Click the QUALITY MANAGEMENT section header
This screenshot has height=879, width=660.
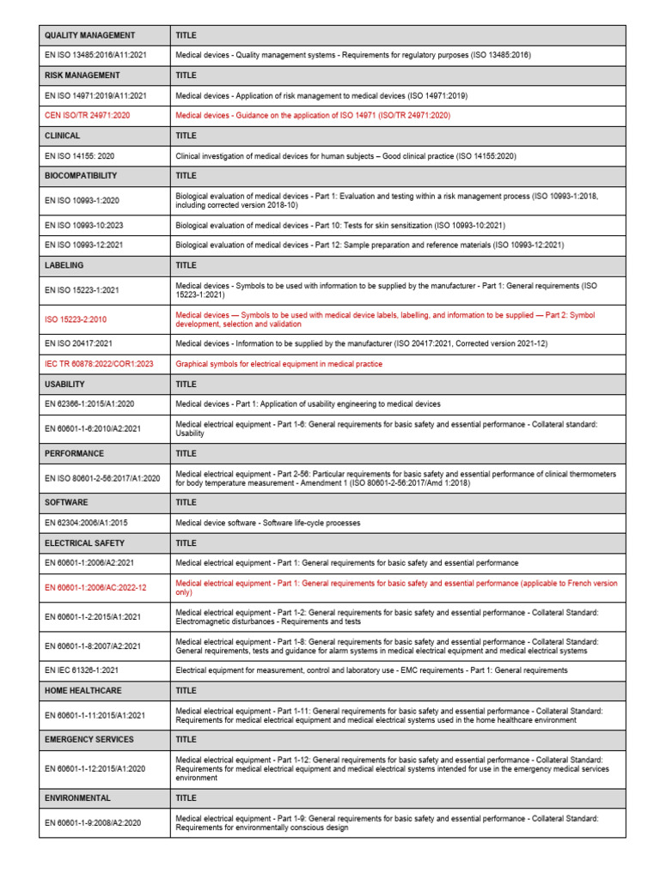[x=89, y=35]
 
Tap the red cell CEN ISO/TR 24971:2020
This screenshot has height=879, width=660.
[x=87, y=115]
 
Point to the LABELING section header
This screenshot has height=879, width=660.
[x=64, y=265]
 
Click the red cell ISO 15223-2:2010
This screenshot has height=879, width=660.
[x=76, y=319]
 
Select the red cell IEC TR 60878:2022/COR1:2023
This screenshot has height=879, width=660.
[x=98, y=364]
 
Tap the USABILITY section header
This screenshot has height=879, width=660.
[x=64, y=384]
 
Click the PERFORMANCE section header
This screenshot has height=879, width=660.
[x=74, y=452]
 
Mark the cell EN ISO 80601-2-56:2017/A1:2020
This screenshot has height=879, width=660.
[x=102, y=477]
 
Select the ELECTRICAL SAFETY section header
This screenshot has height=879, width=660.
[x=84, y=543]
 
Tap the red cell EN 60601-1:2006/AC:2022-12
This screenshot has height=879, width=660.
[x=95, y=587]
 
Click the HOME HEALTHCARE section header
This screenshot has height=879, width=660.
[x=83, y=689]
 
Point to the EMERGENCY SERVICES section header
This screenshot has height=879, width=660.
[x=89, y=739]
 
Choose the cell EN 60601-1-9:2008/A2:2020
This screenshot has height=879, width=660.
[x=93, y=822]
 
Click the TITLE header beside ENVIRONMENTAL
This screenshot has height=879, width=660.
[x=186, y=797]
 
